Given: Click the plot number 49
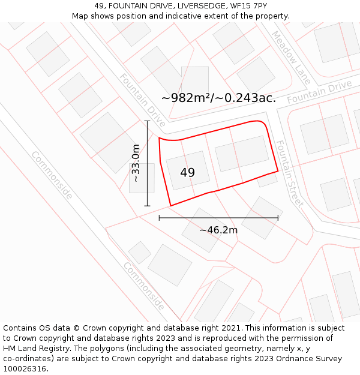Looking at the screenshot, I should pyautogui.click(x=187, y=173).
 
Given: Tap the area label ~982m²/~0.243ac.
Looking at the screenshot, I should pyautogui.click(x=219, y=98).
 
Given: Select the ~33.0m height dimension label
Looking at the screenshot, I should pyautogui.click(x=136, y=163).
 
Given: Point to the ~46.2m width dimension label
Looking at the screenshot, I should pyautogui.click(x=218, y=230).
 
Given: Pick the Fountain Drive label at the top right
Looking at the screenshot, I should pyautogui.click(x=319, y=92).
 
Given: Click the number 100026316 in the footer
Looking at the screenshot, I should pyautogui.click(x=25, y=368).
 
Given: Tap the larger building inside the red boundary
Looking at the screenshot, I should pyautogui.click(x=241, y=154).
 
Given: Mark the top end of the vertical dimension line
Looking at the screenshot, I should pyautogui.click(x=147, y=121).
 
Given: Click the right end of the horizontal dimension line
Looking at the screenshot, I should pyautogui.click(x=278, y=218).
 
